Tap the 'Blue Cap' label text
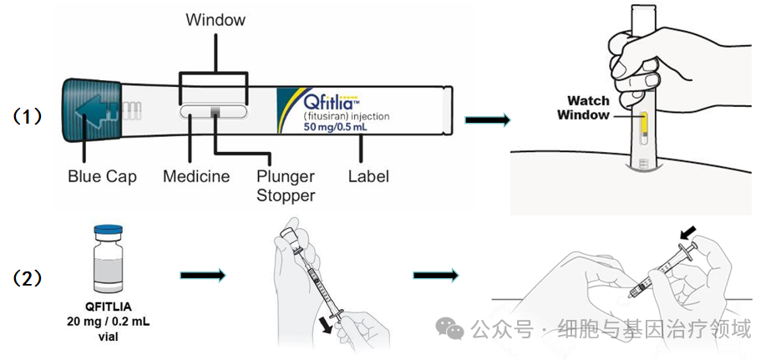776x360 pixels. click(x=102, y=176)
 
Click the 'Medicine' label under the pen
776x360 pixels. click(x=196, y=176)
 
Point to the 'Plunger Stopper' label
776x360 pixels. click(x=286, y=185)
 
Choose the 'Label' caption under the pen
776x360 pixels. click(x=368, y=176)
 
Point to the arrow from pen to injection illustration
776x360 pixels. click(x=487, y=121)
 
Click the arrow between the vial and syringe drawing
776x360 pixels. click(x=202, y=273)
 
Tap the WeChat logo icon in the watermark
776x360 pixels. click(x=454, y=328)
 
